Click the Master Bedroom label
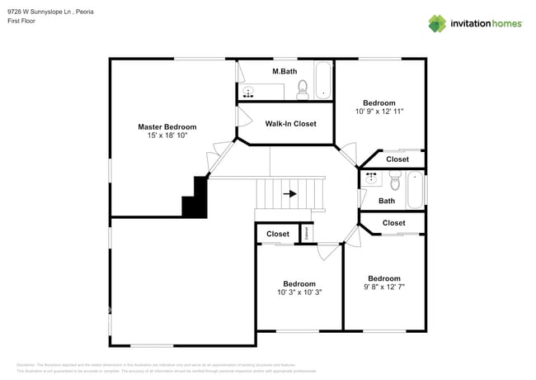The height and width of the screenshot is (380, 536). (167, 126)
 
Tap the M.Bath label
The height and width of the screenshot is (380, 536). (284, 72)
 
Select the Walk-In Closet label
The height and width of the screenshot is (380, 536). (290, 124)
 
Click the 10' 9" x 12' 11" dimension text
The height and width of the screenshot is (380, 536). (379, 112)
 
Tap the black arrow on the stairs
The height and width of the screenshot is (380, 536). (289, 194)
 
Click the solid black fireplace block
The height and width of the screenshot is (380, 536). (195, 199)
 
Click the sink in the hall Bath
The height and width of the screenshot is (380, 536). (369, 177)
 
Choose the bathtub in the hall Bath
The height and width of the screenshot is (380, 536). (415, 189)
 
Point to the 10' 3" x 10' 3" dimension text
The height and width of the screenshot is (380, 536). (299, 292)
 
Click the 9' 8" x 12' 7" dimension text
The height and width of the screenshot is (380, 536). (384, 287)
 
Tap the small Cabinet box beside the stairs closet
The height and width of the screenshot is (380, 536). (307, 235)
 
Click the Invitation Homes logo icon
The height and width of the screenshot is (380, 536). (438, 23)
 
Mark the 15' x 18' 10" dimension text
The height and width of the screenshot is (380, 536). (167, 135)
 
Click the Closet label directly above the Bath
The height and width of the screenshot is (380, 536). (397, 159)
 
